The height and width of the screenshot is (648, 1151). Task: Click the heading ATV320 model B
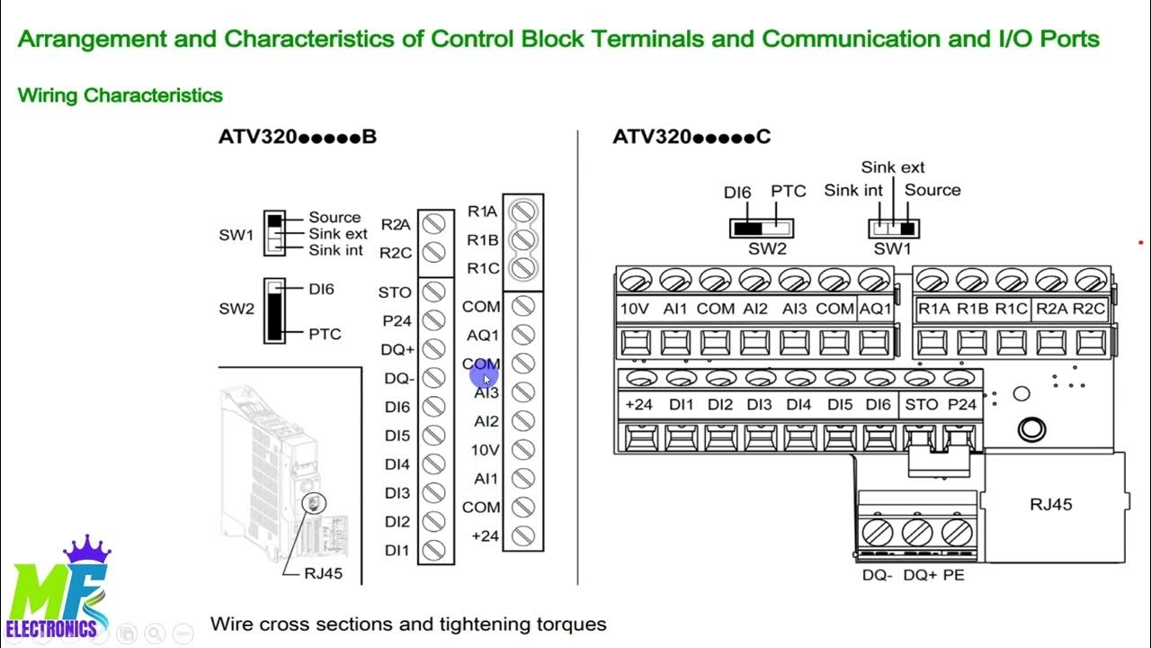pyautogui.click(x=297, y=138)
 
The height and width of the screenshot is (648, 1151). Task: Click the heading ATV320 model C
pyautogui.click(x=691, y=138)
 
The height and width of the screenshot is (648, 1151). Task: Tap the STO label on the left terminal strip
pyautogui.click(x=395, y=292)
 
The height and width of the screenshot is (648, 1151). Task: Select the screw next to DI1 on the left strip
pyautogui.click(x=435, y=550)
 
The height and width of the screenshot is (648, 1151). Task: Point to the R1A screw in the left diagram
pyautogui.click(x=522, y=211)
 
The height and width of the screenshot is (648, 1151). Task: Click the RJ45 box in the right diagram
pyautogui.click(x=1050, y=505)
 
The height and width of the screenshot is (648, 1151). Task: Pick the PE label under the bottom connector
pyautogui.click(x=953, y=574)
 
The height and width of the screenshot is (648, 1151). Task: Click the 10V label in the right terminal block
pyautogui.click(x=635, y=308)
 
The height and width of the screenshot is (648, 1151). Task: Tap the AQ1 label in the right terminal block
pyautogui.click(x=875, y=308)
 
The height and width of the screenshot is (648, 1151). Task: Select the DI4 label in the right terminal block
pyautogui.click(x=799, y=405)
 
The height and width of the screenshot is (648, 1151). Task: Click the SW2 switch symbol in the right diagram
pyautogui.click(x=767, y=228)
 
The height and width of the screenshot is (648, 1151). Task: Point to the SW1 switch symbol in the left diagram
pyautogui.click(x=274, y=233)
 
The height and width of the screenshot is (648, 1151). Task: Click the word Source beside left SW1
pyautogui.click(x=335, y=217)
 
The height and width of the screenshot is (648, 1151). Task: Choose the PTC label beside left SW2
pyautogui.click(x=325, y=334)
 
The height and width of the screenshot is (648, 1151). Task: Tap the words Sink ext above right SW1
pyautogui.click(x=892, y=167)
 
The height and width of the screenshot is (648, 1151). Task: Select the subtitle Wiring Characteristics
pyautogui.click(x=120, y=94)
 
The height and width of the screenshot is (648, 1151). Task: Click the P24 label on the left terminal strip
pyautogui.click(x=397, y=320)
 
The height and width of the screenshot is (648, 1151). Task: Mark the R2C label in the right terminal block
pyautogui.click(x=1089, y=308)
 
